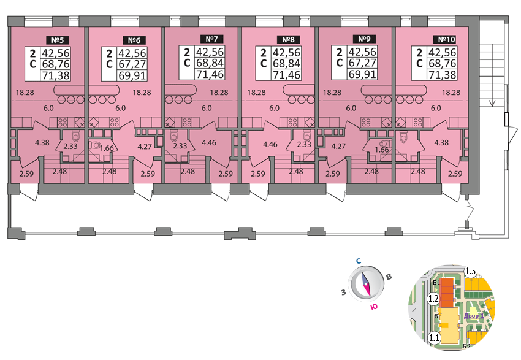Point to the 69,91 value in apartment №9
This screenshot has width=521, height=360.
(362, 75)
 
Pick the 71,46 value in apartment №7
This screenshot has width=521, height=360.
(210, 75)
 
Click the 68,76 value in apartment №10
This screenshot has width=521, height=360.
(441, 64)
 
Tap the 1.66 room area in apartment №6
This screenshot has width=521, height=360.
(108, 148)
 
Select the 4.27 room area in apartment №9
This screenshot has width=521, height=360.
(339, 147)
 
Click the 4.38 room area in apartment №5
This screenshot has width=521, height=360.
(42, 143)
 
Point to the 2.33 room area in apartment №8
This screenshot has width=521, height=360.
(303, 144)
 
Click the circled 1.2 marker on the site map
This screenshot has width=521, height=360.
(432, 299)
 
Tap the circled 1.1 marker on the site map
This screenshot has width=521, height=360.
(434, 337)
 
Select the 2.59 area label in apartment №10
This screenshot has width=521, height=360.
(455, 174)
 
